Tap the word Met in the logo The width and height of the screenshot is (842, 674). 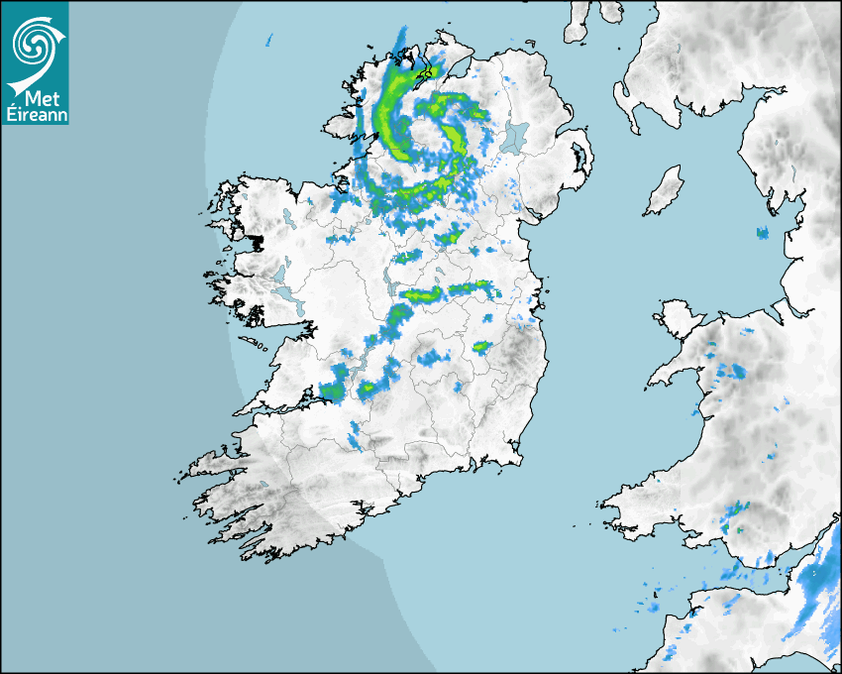pyautogui.click(x=36, y=98)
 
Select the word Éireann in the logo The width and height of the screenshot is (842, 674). pyautogui.click(x=36, y=115)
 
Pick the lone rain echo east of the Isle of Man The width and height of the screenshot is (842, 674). pyautogui.click(x=763, y=234)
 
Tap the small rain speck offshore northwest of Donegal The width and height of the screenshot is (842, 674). pyautogui.click(x=268, y=42)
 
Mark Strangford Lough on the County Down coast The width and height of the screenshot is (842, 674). pyautogui.click(x=578, y=164)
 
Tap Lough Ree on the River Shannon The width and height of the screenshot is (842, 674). pyautogui.click(x=388, y=283)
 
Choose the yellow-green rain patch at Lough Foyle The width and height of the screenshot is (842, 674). pyautogui.click(x=429, y=71)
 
